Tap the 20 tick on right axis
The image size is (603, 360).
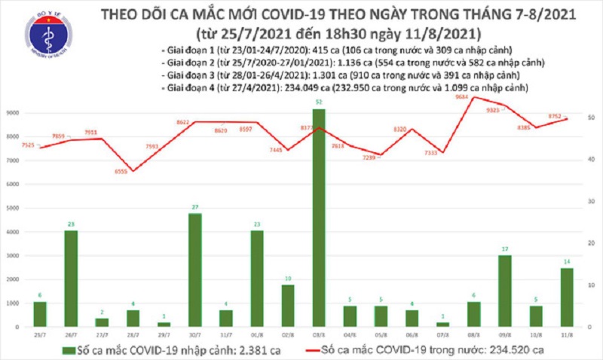[x=592, y=243]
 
